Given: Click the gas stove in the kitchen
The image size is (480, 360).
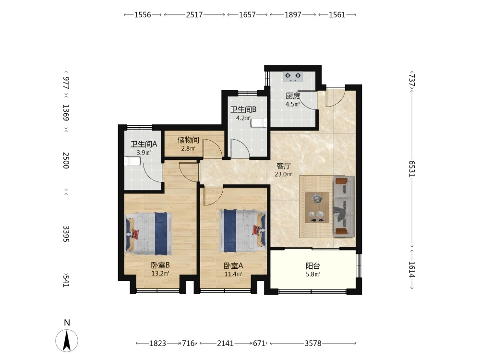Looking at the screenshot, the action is point(293,76).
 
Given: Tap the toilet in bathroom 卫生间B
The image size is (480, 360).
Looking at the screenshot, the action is point(259,122).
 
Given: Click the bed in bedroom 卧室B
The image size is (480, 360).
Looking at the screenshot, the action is point(148,234).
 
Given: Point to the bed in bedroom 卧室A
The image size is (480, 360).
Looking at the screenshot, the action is point(243,231).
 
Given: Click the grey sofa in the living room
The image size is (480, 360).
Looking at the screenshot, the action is point(344,206).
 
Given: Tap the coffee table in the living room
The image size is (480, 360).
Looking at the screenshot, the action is point(317,207).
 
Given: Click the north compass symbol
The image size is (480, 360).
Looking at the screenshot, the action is point(67,340).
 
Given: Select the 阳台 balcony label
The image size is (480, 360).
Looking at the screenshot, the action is point(313,266).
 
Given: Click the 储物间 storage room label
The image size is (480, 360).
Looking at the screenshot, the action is point(188,140).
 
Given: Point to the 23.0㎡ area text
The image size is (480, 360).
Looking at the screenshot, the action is point(284,175).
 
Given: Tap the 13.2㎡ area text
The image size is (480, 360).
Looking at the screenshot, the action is point(160,274).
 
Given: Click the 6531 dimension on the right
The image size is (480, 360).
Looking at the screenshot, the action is point(412,168).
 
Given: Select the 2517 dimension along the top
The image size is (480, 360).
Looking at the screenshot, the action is point(194,15).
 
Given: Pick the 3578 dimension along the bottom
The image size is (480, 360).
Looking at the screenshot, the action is point(313,344).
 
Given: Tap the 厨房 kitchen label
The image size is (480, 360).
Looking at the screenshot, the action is point(293,96).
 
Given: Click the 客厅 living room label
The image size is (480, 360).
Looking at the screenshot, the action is point(284,166).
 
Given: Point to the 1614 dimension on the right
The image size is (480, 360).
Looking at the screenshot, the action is point(412,269).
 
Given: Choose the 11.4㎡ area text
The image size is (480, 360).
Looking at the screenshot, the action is point(233,274).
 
